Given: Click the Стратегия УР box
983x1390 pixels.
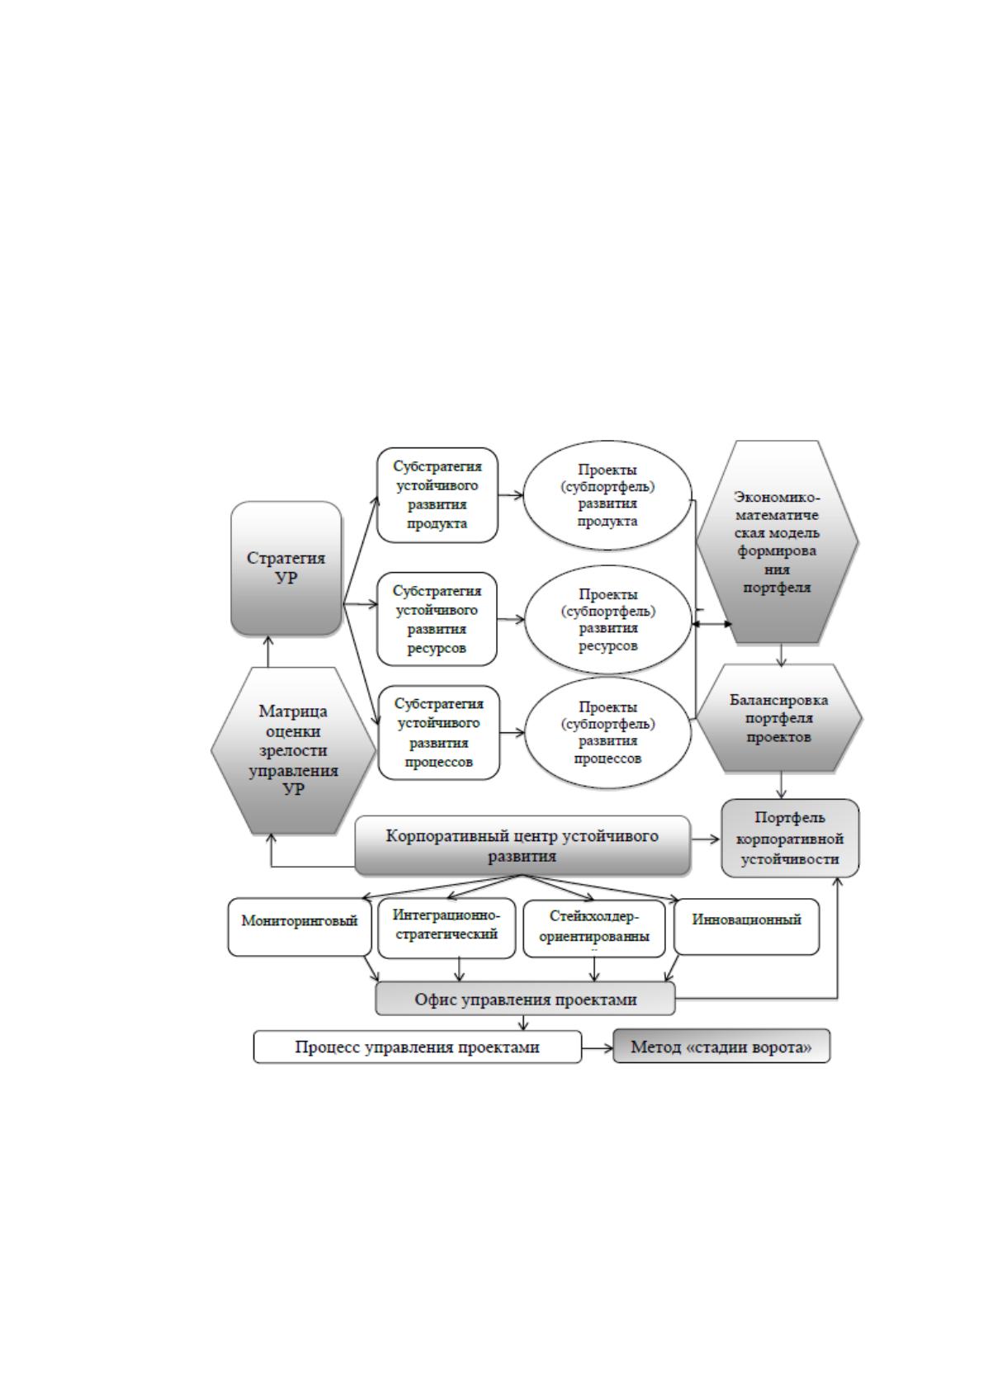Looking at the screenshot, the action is pyautogui.click(x=286, y=568).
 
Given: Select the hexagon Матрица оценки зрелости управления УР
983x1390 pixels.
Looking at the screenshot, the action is pyautogui.click(x=294, y=750).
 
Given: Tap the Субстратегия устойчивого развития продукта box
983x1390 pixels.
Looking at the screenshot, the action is pyautogui.click(x=437, y=495).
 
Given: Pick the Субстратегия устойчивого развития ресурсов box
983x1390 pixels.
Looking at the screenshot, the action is pyautogui.click(x=437, y=619).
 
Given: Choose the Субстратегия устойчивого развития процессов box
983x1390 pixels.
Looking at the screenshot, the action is pyautogui.click(x=439, y=732).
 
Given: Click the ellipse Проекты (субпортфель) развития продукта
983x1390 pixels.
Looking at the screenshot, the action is pyautogui.click(x=607, y=495).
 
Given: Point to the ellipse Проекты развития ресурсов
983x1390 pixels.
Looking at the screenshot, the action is pyautogui.click(x=608, y=620).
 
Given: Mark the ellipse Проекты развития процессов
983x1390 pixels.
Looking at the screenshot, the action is pyautogui.click(x=608, y=733).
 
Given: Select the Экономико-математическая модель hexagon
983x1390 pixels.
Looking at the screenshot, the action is pyautogui.click(x=777, y=541).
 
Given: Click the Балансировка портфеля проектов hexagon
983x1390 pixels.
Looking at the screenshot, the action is pyautogui.click(x=779, y=718).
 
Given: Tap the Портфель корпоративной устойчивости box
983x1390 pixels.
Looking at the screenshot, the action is pyautogui.click(x=790, y=839).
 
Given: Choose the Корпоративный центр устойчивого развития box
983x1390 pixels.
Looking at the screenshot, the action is pyautogui.click(x=522, y=845).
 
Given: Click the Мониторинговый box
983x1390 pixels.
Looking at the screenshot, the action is pyautogui.click(x=300, y=927).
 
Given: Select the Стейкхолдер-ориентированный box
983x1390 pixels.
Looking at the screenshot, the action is pyautogui.click(x=594, y=929).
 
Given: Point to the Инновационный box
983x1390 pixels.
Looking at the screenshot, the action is pyautogui.click(x=747, y=926).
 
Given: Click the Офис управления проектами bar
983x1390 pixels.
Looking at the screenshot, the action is pyautogui.click(x=525, y=999).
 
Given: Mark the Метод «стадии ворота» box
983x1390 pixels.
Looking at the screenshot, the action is pyautogui.click(x=721, y=1047).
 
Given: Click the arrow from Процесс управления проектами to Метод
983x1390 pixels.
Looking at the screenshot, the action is pyautogui.click(x=598, y=1048).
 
